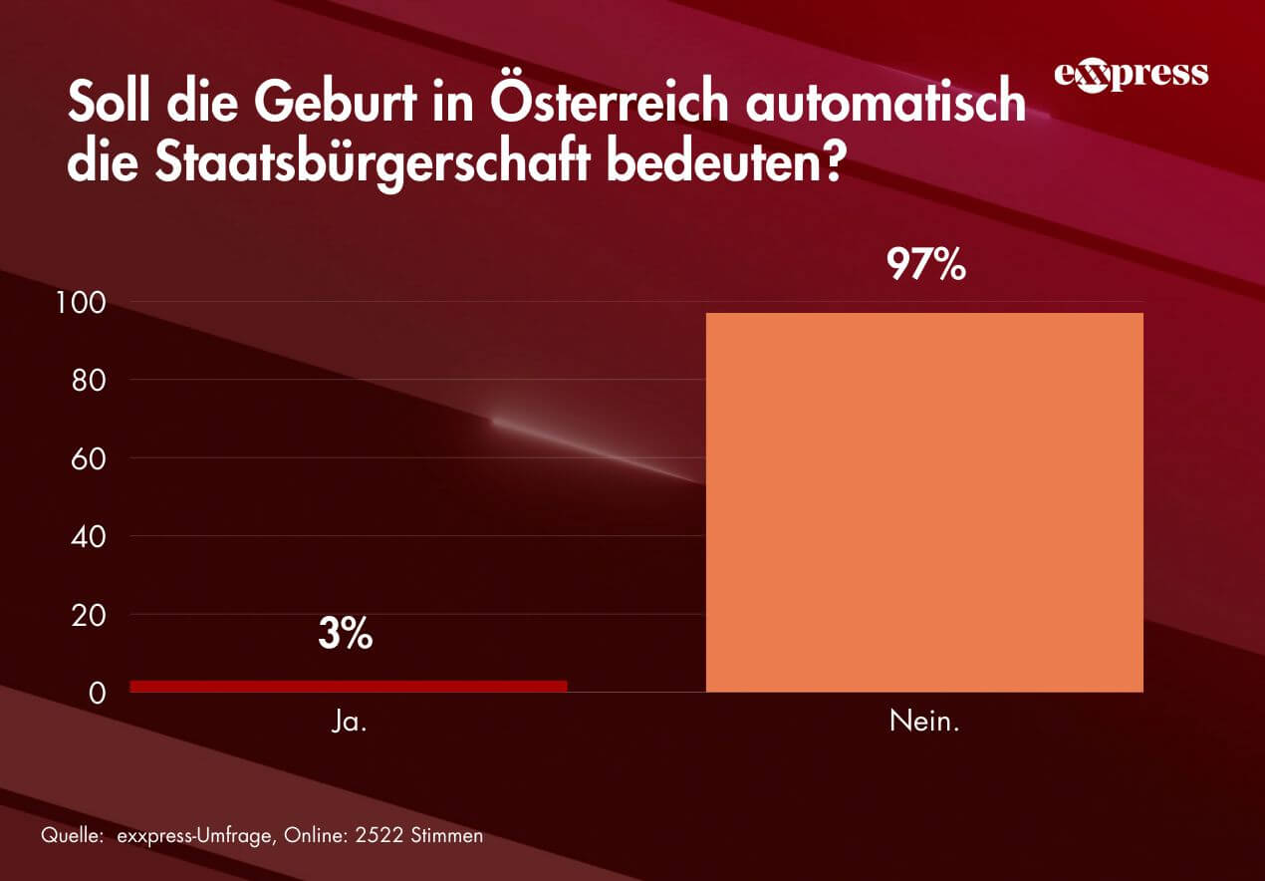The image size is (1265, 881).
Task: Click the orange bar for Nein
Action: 924,502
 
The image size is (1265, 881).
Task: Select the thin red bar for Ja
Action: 349,686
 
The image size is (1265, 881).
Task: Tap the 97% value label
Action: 927,265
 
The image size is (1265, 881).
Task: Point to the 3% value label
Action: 346,634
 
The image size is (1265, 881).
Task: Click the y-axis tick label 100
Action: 85,302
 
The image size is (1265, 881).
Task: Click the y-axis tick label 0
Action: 98,693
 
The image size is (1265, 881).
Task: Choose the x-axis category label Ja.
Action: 349,722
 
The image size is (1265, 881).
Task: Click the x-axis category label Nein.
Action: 924,722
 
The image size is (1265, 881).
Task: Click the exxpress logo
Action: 1131,75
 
